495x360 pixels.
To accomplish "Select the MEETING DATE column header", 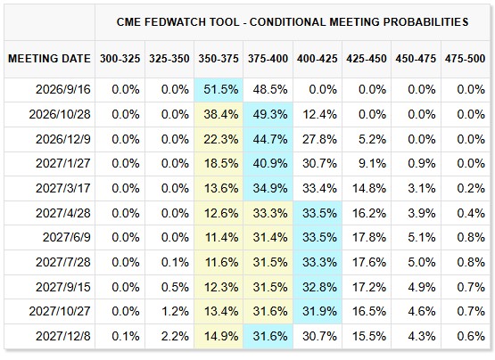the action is pos(49,59).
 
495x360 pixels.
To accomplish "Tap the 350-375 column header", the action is pos(219,59).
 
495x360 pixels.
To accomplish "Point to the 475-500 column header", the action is pos(465,59).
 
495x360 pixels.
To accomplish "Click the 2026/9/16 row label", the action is pos(63,90).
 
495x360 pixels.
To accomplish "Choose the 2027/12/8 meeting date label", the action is pos(63,336).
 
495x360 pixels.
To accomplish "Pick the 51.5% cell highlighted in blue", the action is pos(221,90).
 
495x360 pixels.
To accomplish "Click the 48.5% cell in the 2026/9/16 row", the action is pos(270,90).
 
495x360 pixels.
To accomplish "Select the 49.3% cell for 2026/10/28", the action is pos(270,115).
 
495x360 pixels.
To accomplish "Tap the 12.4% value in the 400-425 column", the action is pos(319,115).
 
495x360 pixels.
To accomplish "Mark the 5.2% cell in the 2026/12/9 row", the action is pos(372,139).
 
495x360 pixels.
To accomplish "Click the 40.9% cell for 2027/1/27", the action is pos(270,164).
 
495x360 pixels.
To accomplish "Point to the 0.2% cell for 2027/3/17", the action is pos(471,189).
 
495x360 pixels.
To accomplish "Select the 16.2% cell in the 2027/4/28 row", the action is pos(369,213).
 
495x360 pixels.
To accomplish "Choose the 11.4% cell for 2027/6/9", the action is pos(221,238).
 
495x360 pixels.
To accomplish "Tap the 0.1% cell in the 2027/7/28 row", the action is pos(175,262).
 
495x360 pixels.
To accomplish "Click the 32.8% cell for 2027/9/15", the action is pos(319,287).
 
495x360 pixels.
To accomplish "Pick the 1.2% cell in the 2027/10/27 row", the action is pos(175,312).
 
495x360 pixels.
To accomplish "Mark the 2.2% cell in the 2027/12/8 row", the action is pos(175,336).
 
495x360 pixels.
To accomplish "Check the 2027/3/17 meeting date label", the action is pos(63,189).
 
